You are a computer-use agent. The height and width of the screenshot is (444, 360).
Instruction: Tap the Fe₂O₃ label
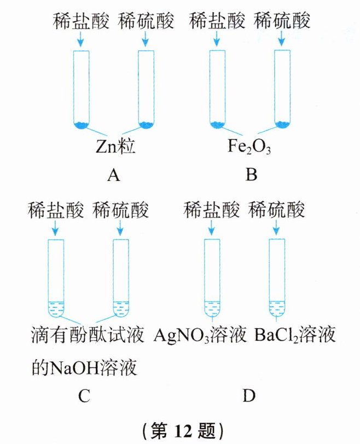click(x=249, y=147)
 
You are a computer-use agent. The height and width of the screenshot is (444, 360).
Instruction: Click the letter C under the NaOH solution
click(x=84, y=395)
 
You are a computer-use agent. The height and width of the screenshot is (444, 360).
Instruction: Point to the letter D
click(x=249, y=395)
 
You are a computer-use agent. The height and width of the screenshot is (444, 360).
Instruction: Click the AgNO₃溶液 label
click(x=200, y=334)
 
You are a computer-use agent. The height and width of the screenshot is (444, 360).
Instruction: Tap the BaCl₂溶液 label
click(x=295, y=334)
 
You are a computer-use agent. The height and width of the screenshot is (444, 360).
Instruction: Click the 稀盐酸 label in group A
click(x=81, y=21)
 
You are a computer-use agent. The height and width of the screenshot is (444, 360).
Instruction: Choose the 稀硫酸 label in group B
click(x=282, y=21)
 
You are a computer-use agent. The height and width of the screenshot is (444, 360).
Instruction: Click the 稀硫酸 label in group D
click(x=276, y=210)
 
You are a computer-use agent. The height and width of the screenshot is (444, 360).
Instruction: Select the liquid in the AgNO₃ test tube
click(x=212, y=308)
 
